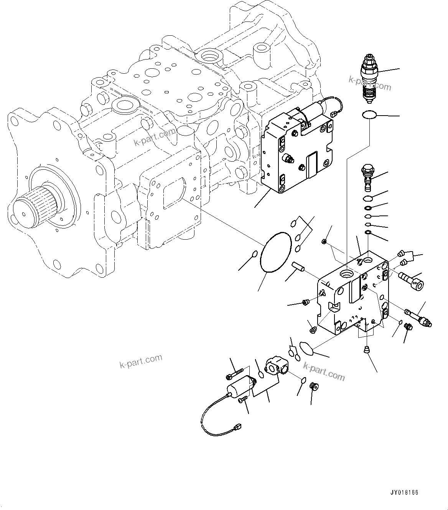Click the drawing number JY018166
[404, 492]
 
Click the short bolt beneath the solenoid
[243, 400]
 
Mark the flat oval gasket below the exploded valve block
[306, 348]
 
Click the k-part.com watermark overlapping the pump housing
[154, 137]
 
